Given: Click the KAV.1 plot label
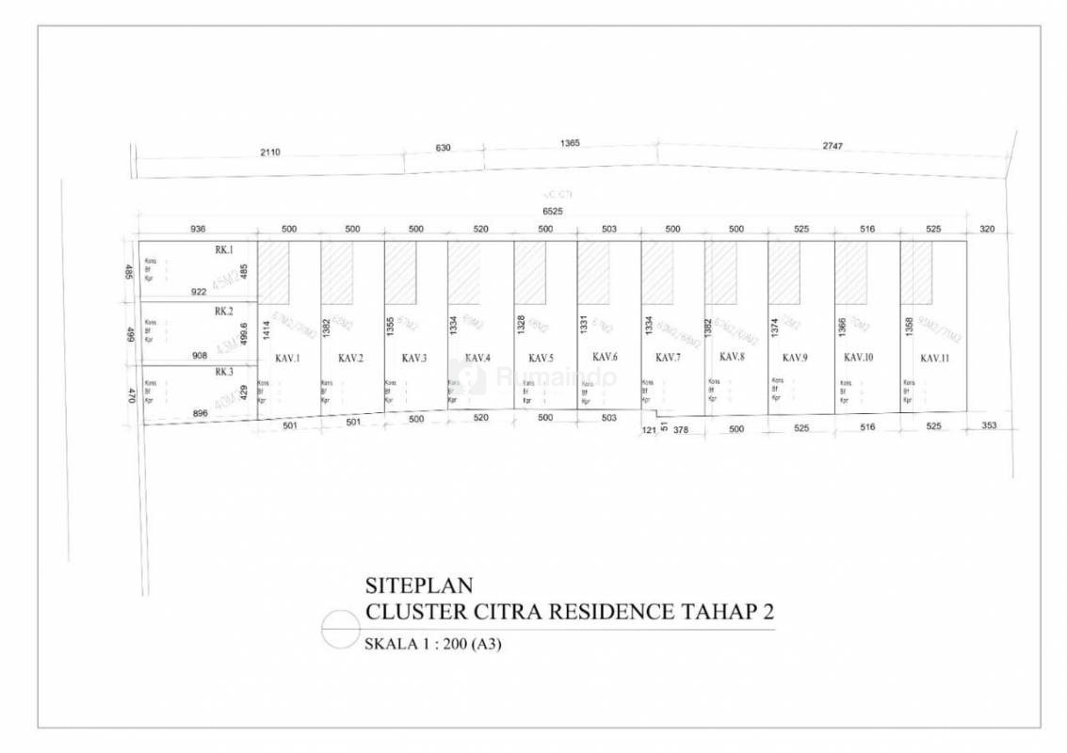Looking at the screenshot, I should tap(287, 358).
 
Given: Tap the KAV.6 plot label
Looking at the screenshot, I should tap(605, 357).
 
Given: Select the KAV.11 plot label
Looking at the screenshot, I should tap(934, 358).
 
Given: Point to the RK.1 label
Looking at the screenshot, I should tap(223, 250).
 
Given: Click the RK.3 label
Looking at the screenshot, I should tap(223, 372).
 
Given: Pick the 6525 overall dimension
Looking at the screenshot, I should tap(553, 212).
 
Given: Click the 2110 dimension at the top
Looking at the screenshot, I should tap(270, 152).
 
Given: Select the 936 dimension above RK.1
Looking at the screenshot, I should tap(198, 229).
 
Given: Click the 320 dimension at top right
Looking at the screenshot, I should tap(986, 229).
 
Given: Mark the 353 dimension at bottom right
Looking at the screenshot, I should tap(989, 426).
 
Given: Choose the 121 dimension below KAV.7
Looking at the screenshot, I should tap(649, 429).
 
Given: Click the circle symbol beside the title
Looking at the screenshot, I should tap(339, 628).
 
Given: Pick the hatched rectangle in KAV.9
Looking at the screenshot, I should tap(784, 273).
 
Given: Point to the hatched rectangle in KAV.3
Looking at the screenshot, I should tap(400, 273).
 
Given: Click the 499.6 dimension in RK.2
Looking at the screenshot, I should tap(245, 334).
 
